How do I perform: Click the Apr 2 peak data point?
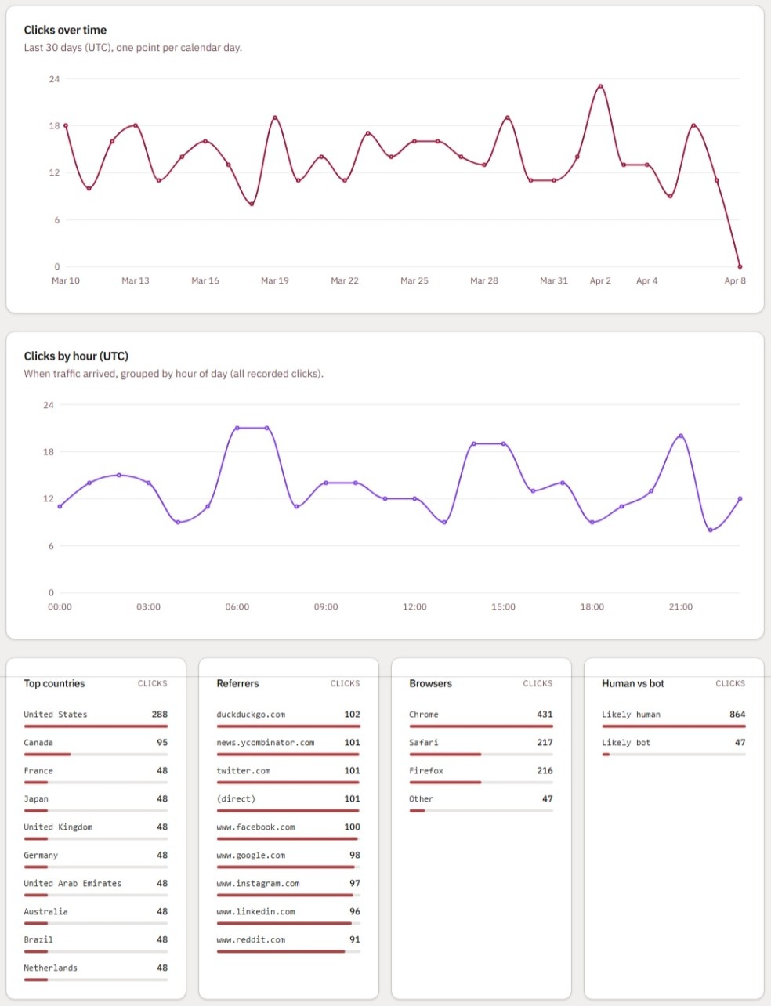(x=600, y=86)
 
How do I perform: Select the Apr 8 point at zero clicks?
(x=740, y=266)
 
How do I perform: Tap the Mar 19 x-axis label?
(x=275, y=280)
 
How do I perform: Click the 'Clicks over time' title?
(x=65, y=30)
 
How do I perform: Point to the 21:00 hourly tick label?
(x=680, y=606)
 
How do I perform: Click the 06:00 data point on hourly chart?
(x=237, y=428)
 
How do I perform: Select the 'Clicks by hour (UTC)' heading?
(x=76, y=356)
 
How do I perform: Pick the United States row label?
(x=56, y=715)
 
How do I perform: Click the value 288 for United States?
(x=159, y=715)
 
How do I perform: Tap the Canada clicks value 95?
(x=161, y=743)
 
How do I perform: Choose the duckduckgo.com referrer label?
(x=251, y=715)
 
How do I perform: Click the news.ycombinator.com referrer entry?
(x=265, y=743)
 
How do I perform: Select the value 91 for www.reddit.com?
(x=354, y=940)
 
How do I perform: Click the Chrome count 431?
(x=545, y=715)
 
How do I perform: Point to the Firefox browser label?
(x=426, y=771)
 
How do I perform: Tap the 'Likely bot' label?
(x=626, y=743)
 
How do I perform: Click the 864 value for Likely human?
(x=737, y=715)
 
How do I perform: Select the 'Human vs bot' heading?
(x=632, y=683)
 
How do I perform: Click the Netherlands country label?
(x=50, y=968)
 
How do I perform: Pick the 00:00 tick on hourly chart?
(x=60, y=606)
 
